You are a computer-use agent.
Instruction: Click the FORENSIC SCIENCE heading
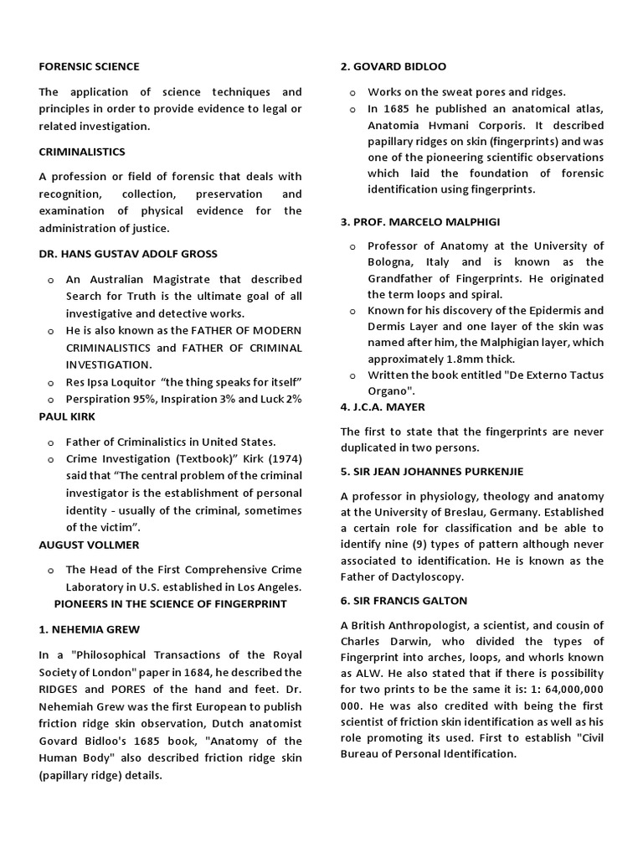point(90,66)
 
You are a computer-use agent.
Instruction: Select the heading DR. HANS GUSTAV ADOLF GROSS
point(128,253)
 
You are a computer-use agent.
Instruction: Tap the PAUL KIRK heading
point(67,416)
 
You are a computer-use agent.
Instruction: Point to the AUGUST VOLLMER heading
point(89,545)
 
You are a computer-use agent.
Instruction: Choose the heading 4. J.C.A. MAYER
point(383,406)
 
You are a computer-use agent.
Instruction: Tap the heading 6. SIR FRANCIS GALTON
point(404,601)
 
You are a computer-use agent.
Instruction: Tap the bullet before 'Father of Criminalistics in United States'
point(51,442)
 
